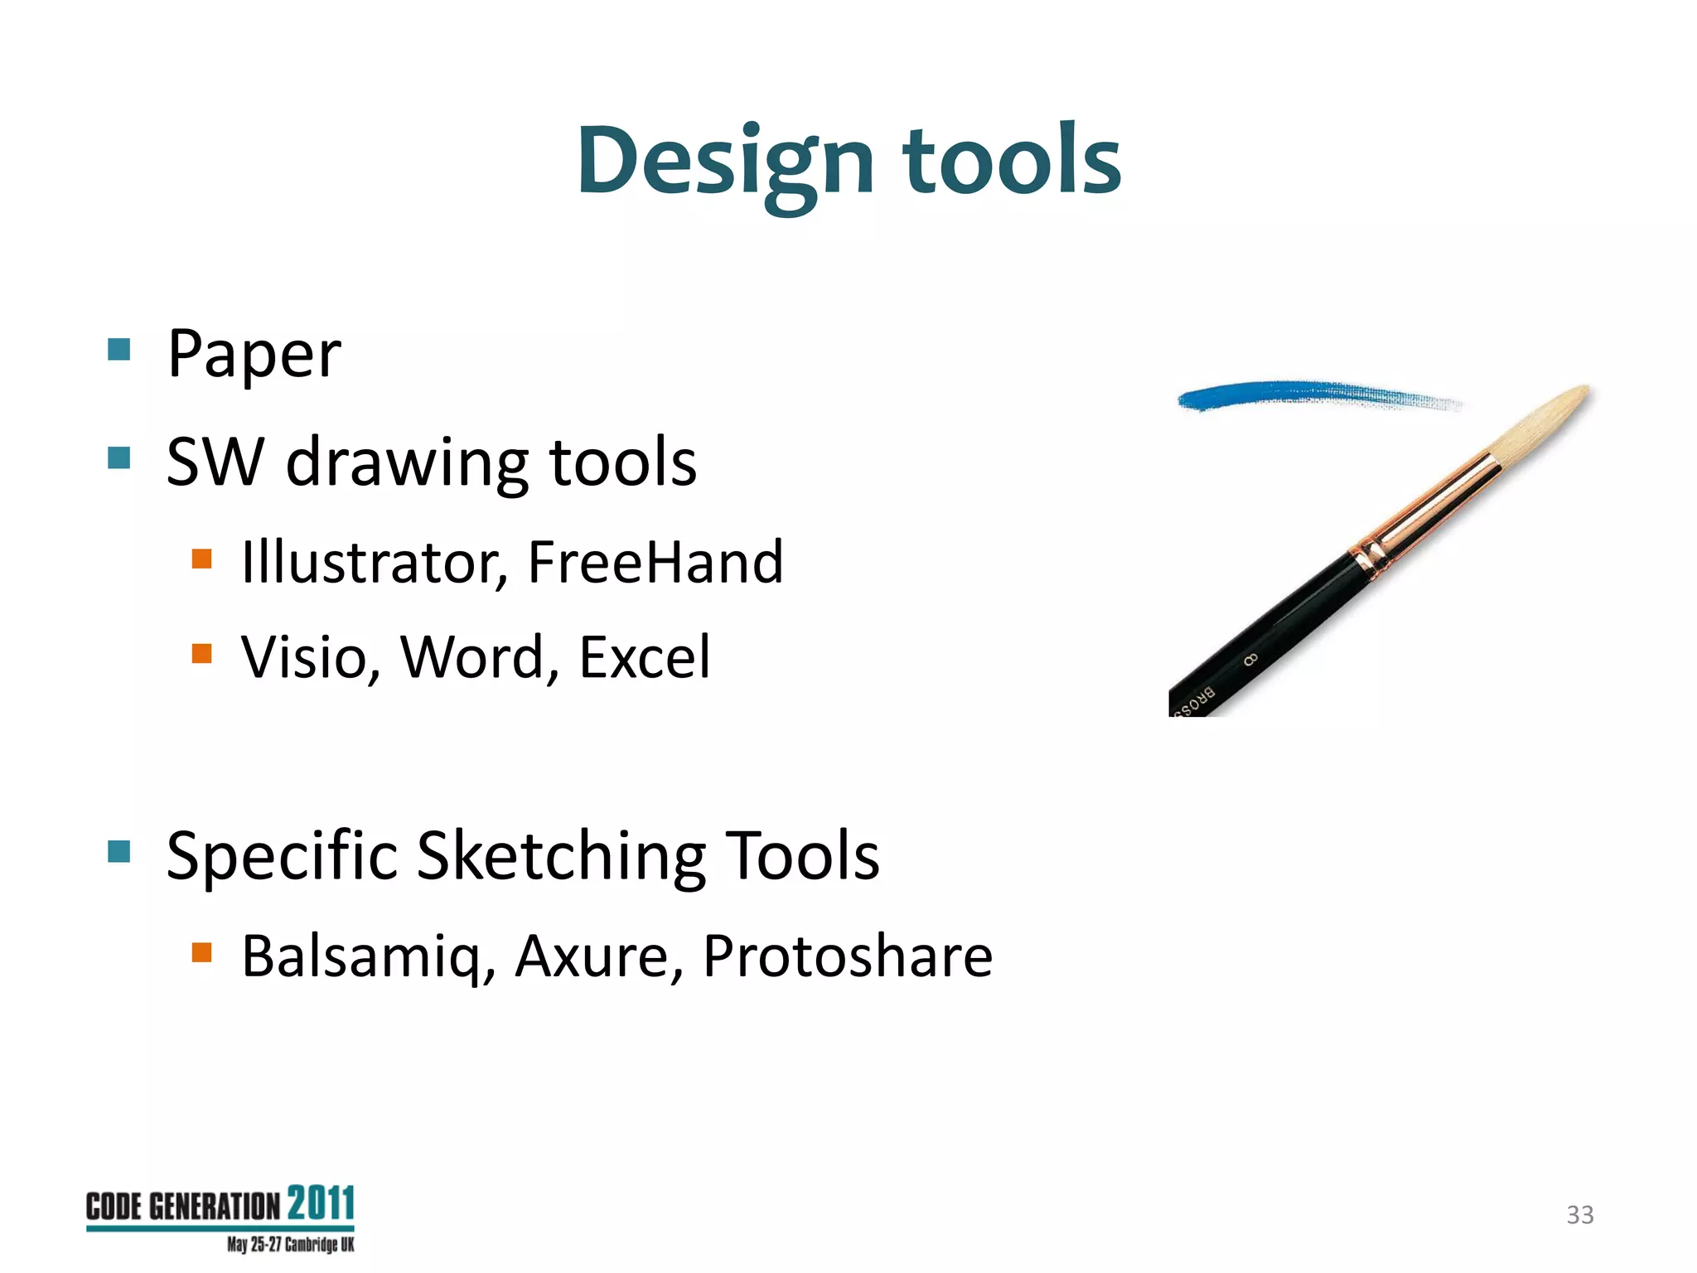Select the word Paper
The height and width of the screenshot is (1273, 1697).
(x=254, y=355)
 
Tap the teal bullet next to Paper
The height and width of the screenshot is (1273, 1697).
(x=119, y=349)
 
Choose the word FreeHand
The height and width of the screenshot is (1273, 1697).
(x=655, y=563)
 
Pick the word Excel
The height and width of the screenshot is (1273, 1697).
(x=644, y=657)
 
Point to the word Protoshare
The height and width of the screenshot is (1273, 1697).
(x=847, y=956)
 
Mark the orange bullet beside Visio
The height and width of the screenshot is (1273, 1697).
(x=201, y=654)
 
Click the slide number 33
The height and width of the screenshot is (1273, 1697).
(x=1579, y=1215)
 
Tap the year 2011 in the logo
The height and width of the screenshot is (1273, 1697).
(x=321, y=1203)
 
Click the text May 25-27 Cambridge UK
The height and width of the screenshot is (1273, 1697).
(x=290, y=1245)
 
